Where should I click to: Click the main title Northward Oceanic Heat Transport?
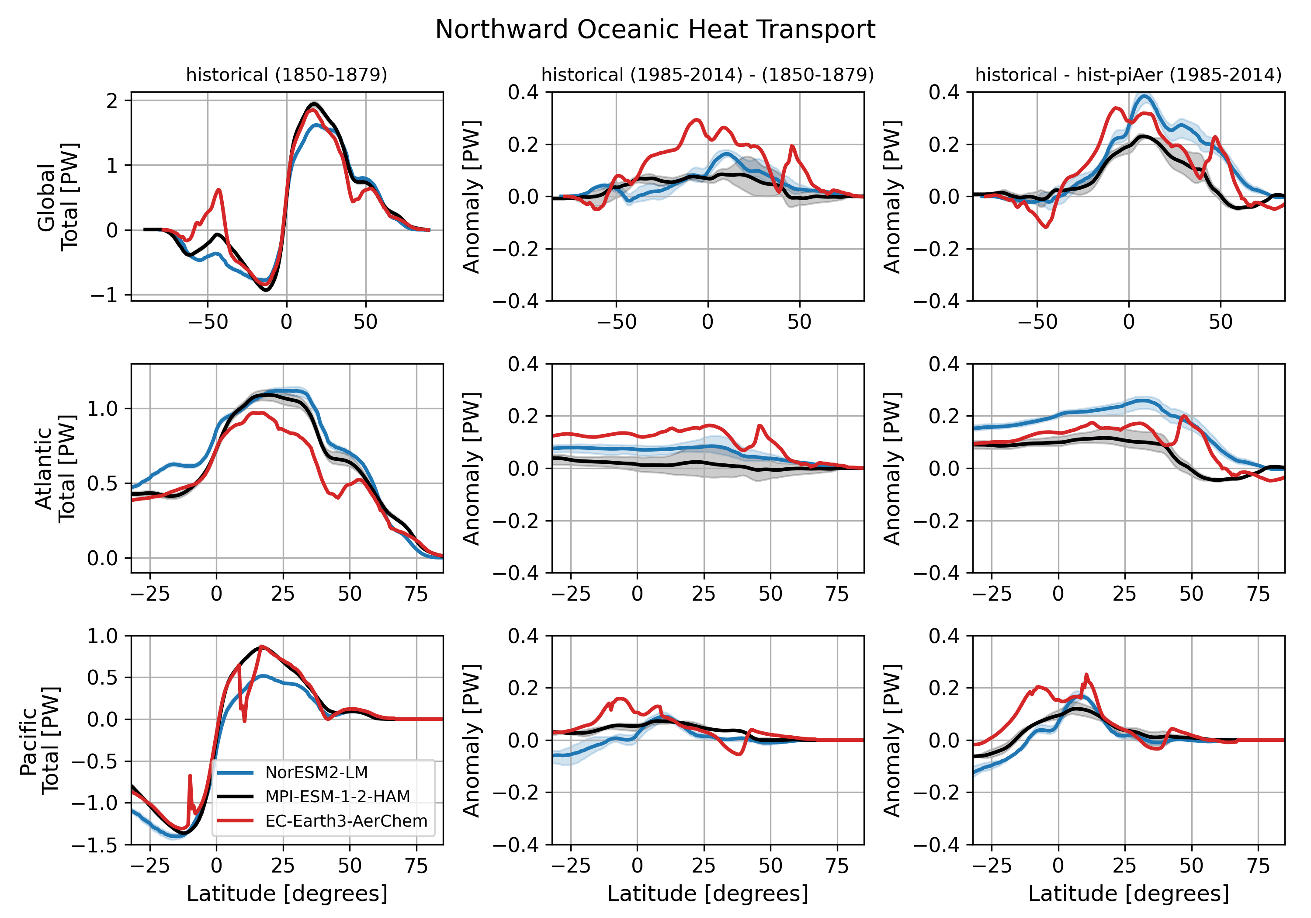click(x=655, y=30)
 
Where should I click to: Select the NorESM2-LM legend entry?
click(x=316, y=772)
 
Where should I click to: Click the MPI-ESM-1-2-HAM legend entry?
click(x=337, y=796)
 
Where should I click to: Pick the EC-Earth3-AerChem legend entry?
click(x=346, y=821)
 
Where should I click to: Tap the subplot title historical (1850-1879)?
click(x=287, y=75)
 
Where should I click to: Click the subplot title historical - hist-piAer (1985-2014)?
click(x=1128, y=75)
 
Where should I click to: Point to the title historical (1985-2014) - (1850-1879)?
click(x=708, y=75)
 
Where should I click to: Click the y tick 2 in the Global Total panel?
click(x=112, y=101)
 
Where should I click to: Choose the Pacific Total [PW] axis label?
click(x=39, y=741)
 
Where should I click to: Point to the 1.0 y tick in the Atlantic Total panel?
click(x=102, y=408)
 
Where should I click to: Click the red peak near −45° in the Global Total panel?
click(x=218, y=190)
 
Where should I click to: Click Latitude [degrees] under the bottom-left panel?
click(x=287, y=894)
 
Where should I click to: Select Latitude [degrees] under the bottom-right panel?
click(x=1128, y=894)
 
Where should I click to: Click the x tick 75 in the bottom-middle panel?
click(x=837, y=866)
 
